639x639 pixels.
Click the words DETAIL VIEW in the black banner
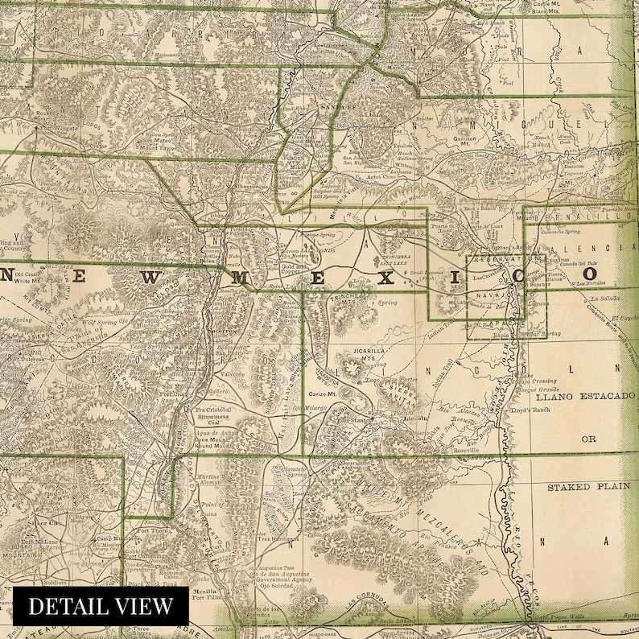101,606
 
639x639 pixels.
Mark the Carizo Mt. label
324,394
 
